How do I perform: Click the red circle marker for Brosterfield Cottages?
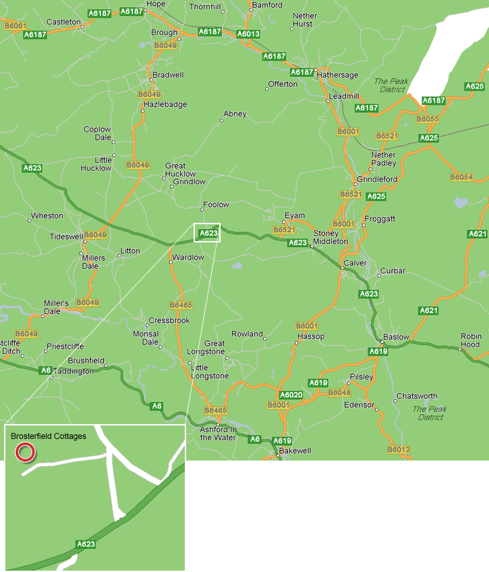(x=25, y=452)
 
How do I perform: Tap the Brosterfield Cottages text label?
(x=49, y=436)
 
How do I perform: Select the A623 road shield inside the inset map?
(x=86, y=544)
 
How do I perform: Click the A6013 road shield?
(x=248, y=33)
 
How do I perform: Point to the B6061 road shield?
(x=15, y=26)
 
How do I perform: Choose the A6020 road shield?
(x=291, y=394)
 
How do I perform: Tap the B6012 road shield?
(x=399, y=450)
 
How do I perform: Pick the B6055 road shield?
(x=428, y=119)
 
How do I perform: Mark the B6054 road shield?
(x=461, y=177)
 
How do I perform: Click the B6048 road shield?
(x=340, y=392)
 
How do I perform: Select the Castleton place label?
(x=64, y=22)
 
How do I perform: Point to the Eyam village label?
(x=295, y=215)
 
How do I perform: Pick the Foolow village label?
(x=217, y=205)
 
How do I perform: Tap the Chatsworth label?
(x=417, y=396)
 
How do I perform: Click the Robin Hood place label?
(x=471, y=340)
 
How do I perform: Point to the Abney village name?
(x=235, y=114)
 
